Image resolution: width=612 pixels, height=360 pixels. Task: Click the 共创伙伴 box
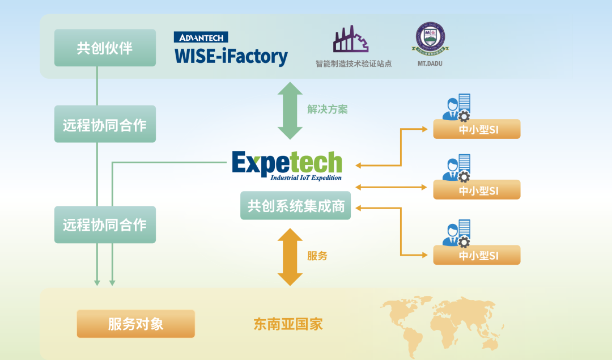click(105, 48)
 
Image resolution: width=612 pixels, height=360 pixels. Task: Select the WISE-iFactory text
click(231, 57)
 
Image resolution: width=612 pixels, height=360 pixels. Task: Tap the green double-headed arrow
click(290, 111)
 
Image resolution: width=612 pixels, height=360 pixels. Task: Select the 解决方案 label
click(328, 109)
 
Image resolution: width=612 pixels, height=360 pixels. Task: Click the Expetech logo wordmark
click(287, 163)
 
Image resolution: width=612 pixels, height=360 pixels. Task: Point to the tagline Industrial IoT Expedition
click(306, 177)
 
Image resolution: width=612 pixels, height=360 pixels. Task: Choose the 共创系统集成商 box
click(296, 205)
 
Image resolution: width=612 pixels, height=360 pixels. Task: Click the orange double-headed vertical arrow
click(290, 257)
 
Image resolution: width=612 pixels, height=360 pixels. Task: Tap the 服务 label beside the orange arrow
click(317, 256)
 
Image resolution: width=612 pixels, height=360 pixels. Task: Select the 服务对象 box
click(135, 324)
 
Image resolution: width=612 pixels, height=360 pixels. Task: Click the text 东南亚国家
click(288, 324)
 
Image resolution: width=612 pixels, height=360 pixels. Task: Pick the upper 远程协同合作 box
click(105, 124)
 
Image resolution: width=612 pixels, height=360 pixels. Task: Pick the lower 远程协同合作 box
click(105, 225)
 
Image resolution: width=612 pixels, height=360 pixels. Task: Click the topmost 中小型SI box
click(477, 129)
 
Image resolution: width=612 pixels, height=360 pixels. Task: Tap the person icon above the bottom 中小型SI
click(453, 232)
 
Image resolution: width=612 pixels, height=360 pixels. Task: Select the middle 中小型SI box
click(477, 190)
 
